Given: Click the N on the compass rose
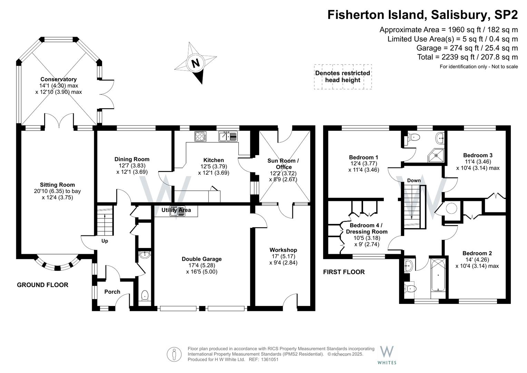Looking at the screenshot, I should pyautogui.click(x=195, y=63).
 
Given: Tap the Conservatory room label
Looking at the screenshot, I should pyautogui.click(x=58, y=79).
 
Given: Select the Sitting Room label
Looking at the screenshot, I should pyautogui.click(x=57, y=185).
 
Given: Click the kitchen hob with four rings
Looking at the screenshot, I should pyautogui.click(x=201, y=136).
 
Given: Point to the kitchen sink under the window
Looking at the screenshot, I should pyautogui.click(x=228, y=136).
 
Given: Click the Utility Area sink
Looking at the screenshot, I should pyautogui.click(x=177, y=211).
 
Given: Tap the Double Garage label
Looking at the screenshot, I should pyautogui.click(x=202, y=259).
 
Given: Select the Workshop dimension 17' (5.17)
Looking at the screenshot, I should pyautogui.click(x=283, y=256).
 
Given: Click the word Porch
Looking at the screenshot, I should pyautogui.click(x=112, y=292).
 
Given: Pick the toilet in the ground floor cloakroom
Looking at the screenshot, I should pyautogui.click(x=145, y=296).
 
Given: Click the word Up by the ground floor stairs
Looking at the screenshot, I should pyautogui.click(x=105, y=241).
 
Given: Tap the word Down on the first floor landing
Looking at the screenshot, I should pyautogui.click(x=414, y=180).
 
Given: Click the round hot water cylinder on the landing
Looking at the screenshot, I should pyautogui.click(x=452, y=208).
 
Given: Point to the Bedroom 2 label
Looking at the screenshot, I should pyautogui.click(x=477, y=253).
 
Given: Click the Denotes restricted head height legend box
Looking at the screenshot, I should pyautogui.click(x=342, y=77).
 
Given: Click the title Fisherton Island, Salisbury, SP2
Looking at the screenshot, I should pyautogui.click(x=422, y=15).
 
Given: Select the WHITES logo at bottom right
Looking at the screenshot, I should pyautogui.click(x=387, y=355).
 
